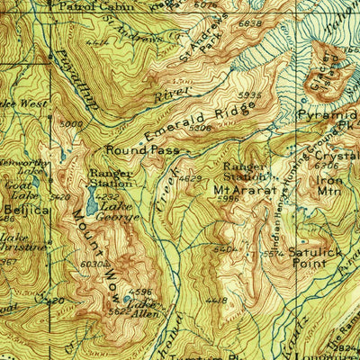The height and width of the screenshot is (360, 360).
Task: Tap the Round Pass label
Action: [142, 150]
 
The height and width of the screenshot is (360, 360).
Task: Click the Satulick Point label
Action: [315, 257]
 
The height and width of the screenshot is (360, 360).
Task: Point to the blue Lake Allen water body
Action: [131, 296]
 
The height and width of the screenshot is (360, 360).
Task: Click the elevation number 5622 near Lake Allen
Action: [120, 311]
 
